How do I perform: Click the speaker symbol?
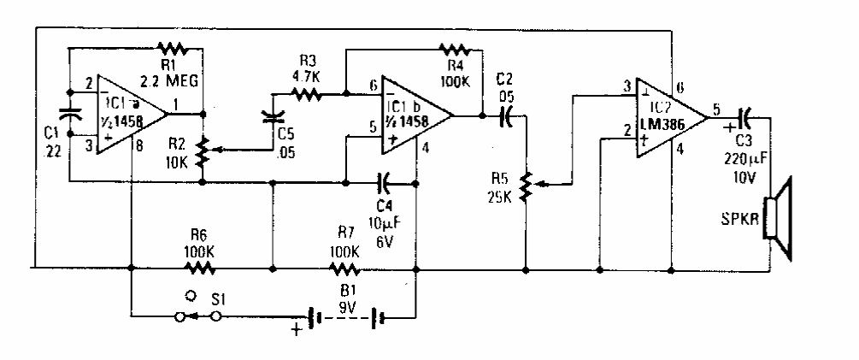pyautogui.click(x=780, y=218)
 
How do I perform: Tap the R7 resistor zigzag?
pyautogui.click(x=345, y=268)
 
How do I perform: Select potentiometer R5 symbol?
pyautogui.click(x=525, y=184)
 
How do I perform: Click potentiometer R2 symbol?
pyautogui.click(x=203, y=152)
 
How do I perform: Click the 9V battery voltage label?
pyautogui.click(x=345, y=301)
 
